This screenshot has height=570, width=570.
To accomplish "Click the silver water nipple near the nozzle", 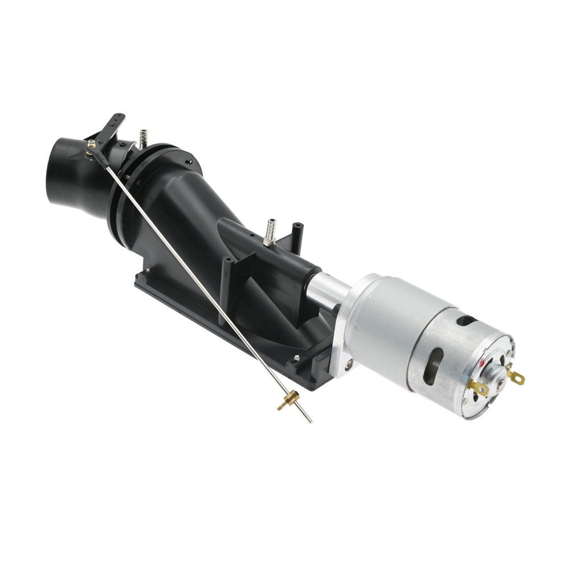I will [142, 137].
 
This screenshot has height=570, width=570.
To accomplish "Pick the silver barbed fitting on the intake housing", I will [269, 230].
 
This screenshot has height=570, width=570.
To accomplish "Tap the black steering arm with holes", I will [111, 129].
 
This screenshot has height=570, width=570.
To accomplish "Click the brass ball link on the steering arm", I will [90, 147].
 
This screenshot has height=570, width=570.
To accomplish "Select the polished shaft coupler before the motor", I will [328, 290].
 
